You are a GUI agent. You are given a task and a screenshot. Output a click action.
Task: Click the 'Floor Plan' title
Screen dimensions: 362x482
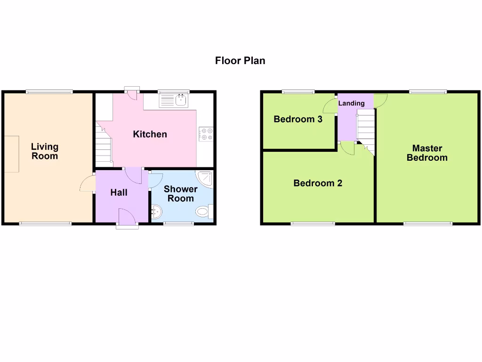pyautogui.click(x=240, y=60)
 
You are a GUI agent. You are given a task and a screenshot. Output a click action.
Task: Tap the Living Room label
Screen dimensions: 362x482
pyautogui.click(x=45, y=151)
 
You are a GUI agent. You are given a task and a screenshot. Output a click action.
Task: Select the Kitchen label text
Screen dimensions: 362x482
pyautogui.click(x=150, y=134)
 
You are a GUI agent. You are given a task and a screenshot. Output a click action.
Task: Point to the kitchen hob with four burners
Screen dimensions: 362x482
pyautogui.click(x=206, y=134)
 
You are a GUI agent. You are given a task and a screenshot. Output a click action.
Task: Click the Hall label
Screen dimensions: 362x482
pyautogui.click(x=119, y=192)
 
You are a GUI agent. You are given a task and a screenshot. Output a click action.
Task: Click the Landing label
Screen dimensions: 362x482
pyautogui.click(x=352, y=103)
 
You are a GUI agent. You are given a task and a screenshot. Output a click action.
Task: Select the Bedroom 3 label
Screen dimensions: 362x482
pyautogui.click(x=298, y=119)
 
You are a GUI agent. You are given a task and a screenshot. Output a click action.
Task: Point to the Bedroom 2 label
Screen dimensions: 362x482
pyautogui.click(x=318, y=183)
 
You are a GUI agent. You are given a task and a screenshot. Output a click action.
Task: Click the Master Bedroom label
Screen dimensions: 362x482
pyautogui.click(x=427, y=153)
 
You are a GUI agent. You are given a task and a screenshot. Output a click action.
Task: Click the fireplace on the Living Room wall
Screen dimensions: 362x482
pyautogui.click(x=12, y=154)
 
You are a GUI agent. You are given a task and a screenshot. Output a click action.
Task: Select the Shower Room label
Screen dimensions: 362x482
pyautogui.click(x=181, y=194)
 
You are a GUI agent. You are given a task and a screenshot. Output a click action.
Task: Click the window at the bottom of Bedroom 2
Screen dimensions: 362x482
pyautogui.click(x=313, y=223)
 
